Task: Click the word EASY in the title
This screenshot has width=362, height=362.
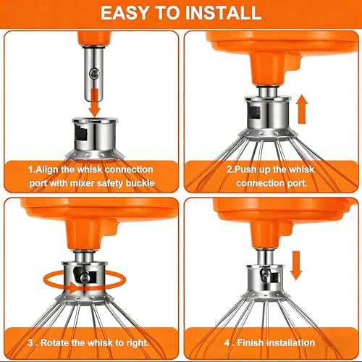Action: (x=124, y=12)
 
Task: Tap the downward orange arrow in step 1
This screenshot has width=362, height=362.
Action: (x=95, y=102)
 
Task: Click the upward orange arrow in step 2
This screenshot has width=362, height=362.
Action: (x=303, y=109)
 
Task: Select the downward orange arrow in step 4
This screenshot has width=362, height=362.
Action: (x=296, y=266)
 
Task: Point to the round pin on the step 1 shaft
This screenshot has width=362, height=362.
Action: (x=94, y=73)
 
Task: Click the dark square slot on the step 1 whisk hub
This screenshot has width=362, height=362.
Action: (x=81, y=134)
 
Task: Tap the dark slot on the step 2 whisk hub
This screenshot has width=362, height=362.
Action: (x=254, y=112)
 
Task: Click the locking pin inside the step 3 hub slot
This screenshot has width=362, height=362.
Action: (x=85, y=277)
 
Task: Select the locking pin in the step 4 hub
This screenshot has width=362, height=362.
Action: (x=265, y=273)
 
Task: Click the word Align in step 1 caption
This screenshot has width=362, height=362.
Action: (x=47, y=170)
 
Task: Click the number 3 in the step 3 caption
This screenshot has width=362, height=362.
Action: (x=30, y=342)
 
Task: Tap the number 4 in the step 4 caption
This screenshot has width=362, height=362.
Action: (x=227, y=342)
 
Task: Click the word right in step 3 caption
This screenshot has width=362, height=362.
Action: (x=137, y=343)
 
